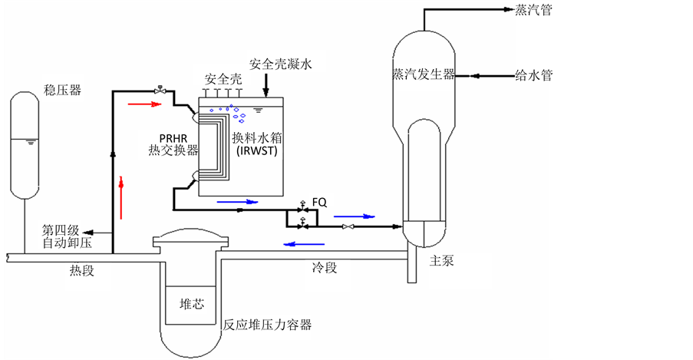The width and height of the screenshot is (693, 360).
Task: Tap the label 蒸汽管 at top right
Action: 534,10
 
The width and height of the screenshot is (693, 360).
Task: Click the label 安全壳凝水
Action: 281,64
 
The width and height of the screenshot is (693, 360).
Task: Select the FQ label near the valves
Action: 319,202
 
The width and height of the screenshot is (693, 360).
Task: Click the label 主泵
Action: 442,260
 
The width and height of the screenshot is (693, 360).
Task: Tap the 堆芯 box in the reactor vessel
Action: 191,304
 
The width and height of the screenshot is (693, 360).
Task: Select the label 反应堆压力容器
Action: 267,325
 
